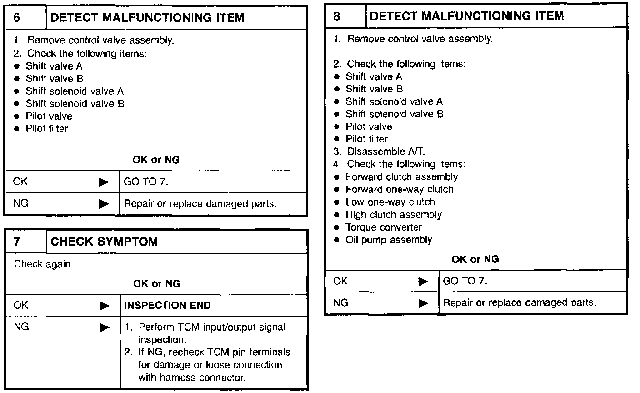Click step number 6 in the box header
tap(17, 18)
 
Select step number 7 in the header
tap(17, 241)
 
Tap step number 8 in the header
tap(337, 17)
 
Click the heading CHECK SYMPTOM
tap(104, 241)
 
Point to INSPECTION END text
tap(167, 305)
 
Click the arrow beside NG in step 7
tap(104, 327)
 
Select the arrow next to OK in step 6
tap(104, 182)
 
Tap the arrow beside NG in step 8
tap(423, 303)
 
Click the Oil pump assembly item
tap(389, 240)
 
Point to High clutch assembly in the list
tap(393, 215)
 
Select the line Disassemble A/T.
tap(386, 152)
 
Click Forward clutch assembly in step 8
tap(401, 177)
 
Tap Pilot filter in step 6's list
tap(46, 129)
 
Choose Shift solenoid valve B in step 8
tap(394, 114)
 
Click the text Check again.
tap(43, 264)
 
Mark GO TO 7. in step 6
tap(146, 182)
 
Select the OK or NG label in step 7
tap(156, 284)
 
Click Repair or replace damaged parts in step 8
tap(519, 303)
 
